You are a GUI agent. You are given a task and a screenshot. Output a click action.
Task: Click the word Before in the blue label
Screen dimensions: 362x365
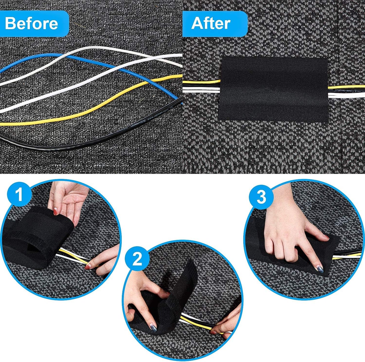tap(31, 23)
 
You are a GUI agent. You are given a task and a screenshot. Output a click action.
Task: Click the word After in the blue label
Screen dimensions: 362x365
tap(211, 23)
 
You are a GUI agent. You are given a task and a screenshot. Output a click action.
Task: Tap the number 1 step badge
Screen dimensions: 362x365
tap(19, 195)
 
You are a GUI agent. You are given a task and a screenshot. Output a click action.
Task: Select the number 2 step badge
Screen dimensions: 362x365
tap(137, 258)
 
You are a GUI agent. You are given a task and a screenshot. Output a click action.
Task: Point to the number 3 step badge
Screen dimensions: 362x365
tap(261, 197)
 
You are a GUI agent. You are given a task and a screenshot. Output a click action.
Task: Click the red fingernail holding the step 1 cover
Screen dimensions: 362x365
tap(55, 212)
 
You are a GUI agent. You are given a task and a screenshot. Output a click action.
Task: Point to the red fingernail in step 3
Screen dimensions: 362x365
tap(326, 238)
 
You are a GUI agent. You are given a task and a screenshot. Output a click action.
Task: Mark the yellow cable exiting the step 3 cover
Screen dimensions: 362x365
tap(344, 257)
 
